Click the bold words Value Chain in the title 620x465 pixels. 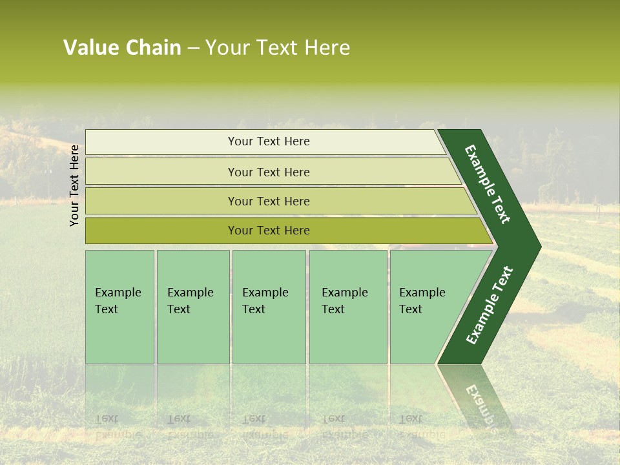coord(122,48)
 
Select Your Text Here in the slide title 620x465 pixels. coord(278,48)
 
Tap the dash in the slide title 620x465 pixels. coord(193,48)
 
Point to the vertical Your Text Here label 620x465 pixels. coord(74,185)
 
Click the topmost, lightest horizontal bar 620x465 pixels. coord(268,141)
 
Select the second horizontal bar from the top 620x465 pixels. coord(268,172)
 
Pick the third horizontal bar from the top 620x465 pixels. coord(268,201)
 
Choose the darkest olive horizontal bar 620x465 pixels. coord(268,231)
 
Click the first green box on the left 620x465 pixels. coord(119,307)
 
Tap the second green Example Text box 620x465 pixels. coord(192,307)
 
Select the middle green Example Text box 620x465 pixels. coord(269,307)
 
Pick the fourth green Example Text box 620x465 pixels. coord(348,307)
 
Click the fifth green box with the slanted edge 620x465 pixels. coord(426,307)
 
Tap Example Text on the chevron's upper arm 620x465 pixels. coord(488,183)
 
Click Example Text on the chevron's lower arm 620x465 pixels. coord(489,305)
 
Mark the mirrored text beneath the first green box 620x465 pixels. coord(118,426)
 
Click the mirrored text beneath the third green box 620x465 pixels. coord(265,426)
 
